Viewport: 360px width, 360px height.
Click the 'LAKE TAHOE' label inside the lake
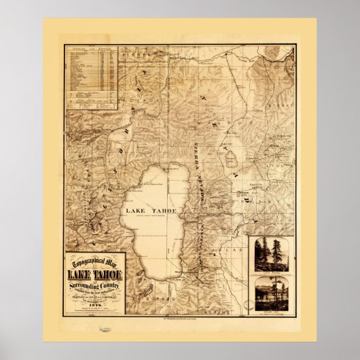point(151,211)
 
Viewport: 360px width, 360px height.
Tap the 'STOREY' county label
point(279,106)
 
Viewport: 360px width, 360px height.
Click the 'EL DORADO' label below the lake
point(145,298)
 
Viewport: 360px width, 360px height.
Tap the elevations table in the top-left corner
point(90,76)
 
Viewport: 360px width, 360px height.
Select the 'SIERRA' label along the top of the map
point(138,50)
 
